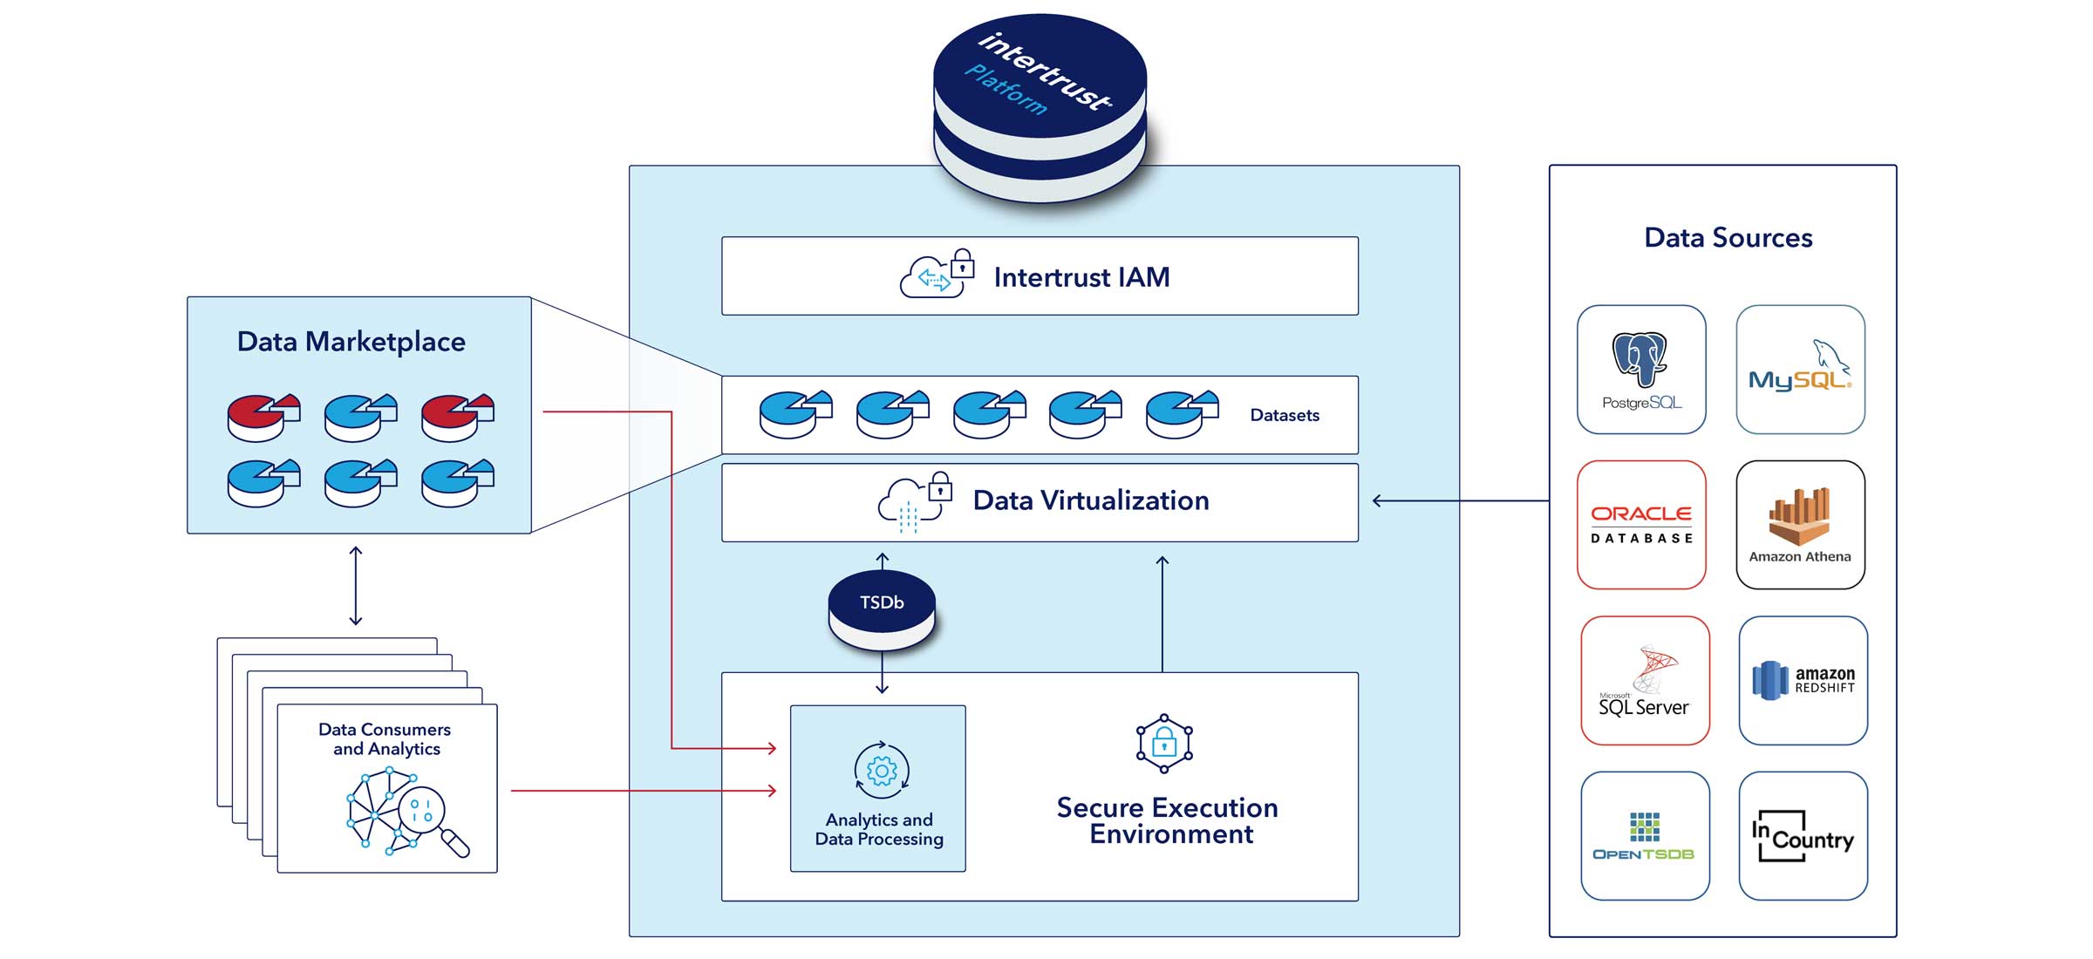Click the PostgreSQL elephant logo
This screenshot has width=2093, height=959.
[1640, 359]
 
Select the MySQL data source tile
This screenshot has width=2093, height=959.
[1800, 370]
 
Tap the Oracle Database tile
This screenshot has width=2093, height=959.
[1641, 525]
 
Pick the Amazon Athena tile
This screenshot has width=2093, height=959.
[1800, 525]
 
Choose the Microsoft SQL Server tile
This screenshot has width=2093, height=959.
[1645, 681]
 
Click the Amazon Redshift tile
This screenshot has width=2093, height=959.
[1803, 681]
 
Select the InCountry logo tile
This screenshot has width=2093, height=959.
[1803, 836]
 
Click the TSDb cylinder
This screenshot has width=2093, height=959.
[882, 609]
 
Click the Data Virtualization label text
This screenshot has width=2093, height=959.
[1090, 500]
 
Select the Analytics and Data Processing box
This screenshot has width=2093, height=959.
[878, 788]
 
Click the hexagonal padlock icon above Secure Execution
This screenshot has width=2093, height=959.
[1163, 744]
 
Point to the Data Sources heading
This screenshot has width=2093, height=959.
[1728, 238]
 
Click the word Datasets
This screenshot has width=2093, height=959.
[1284, 416]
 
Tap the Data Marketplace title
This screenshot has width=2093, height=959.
[351, 342]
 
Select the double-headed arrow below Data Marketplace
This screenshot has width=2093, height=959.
[355, 586]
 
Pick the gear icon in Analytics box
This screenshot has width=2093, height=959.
[882, 771]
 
